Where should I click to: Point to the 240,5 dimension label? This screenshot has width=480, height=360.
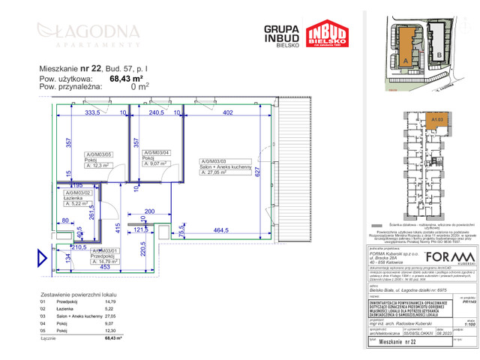click(x=156, y=112)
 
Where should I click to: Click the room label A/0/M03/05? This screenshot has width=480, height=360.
click(x=79, y=153)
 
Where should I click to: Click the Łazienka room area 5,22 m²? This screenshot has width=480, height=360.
click(x=78, y=202)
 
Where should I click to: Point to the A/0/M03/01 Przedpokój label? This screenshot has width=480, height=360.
click(x=84, y=252)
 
